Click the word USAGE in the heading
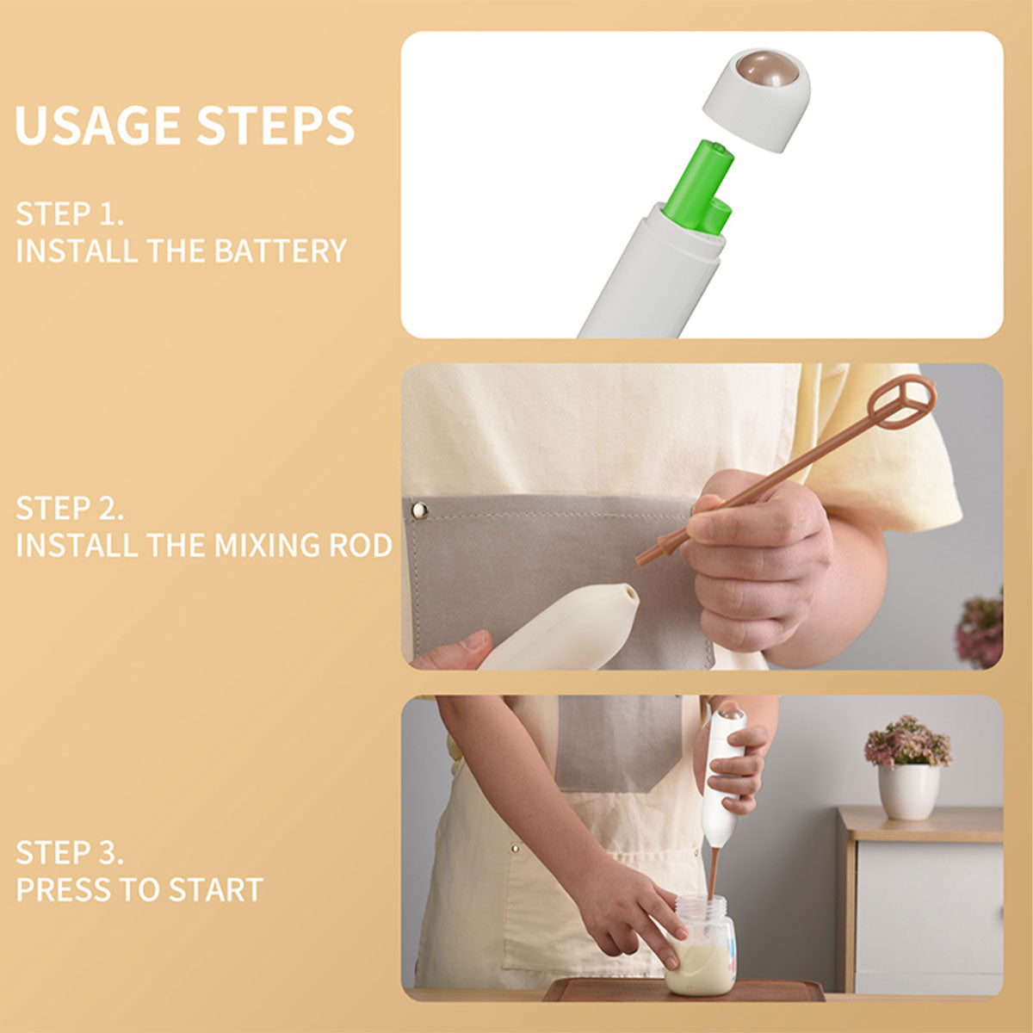coord(98,125)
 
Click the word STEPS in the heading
coord(275,125)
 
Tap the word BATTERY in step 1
coord(281,251)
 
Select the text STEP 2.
coord(70,508)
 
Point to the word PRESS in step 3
coord(63,889)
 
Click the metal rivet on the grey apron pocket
coord(419,510)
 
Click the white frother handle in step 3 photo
coord(724,777)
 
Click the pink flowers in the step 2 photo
coord(980,630)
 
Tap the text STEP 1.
coord(70,213)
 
